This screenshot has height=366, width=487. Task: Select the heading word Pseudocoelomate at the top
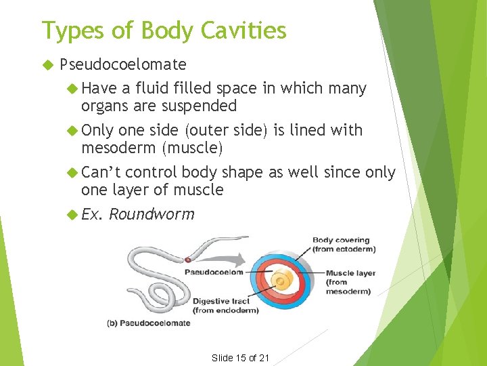(123, 64)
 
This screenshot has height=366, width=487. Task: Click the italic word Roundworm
(152, 215)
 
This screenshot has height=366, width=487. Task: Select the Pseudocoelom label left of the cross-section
(212, 272)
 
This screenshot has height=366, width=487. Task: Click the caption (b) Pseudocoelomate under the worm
(148, 323)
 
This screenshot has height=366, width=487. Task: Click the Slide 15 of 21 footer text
(241, 357)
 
